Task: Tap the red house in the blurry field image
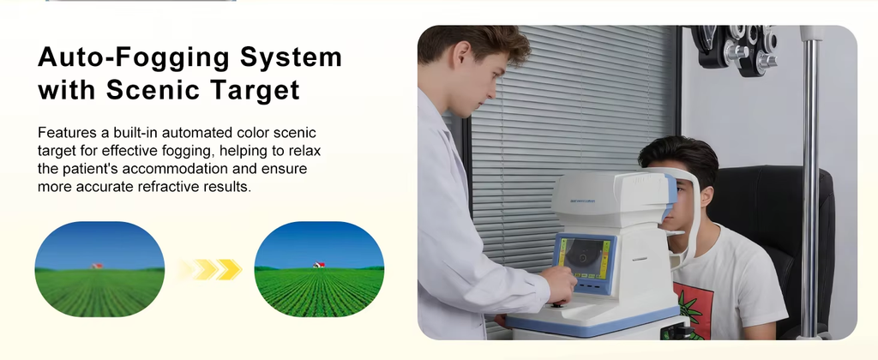(98, 266)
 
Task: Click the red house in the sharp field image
(319, 264)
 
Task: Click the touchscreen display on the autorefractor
(584, 258)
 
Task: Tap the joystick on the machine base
(558, 303)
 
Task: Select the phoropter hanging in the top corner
(735, 49)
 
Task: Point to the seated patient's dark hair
(679, 158)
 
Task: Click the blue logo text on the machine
(583, 201)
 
